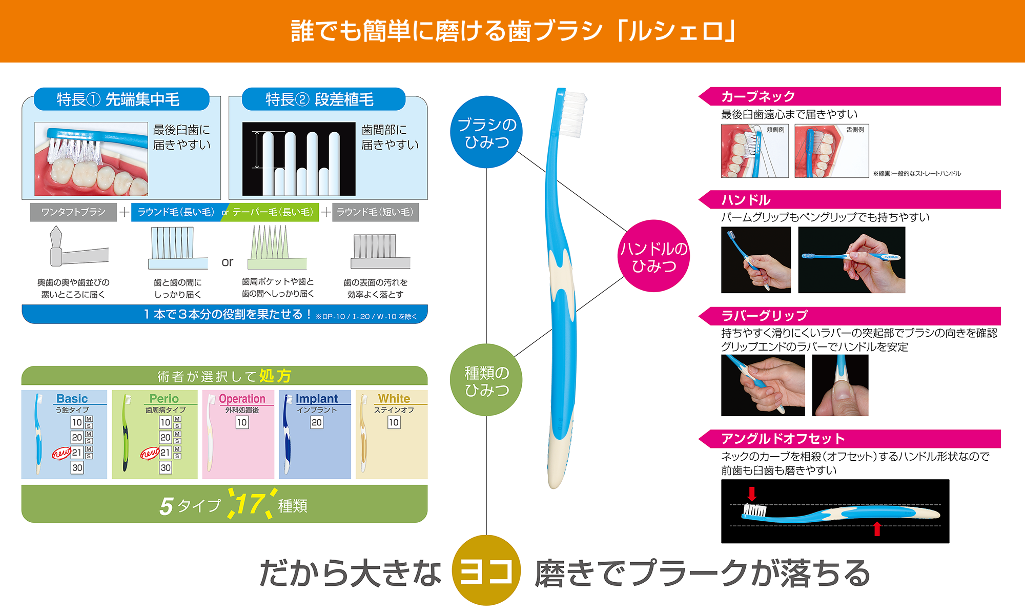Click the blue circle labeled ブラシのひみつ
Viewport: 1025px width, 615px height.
(x=486, y=132)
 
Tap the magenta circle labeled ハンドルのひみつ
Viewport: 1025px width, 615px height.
(x=653, y=256)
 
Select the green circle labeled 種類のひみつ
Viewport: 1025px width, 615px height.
(x=486, y=380)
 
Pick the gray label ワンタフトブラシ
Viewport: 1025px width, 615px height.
(x=73, y=212)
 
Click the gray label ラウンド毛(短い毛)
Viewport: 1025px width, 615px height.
(x=375, y=212)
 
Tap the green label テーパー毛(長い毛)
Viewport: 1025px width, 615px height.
(x=272, y=212)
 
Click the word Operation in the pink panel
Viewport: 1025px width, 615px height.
(x=242, y=399)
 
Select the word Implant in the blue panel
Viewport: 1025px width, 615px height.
(x=317, y=399)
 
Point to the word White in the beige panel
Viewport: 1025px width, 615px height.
(x=394, y=399)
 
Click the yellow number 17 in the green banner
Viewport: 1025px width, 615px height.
(x=250, y=504)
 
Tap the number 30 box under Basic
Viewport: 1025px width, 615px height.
(x=77, y=467)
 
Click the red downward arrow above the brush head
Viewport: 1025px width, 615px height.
(x=752, y=494)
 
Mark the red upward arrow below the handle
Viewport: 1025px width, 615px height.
(x=877, y=528)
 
